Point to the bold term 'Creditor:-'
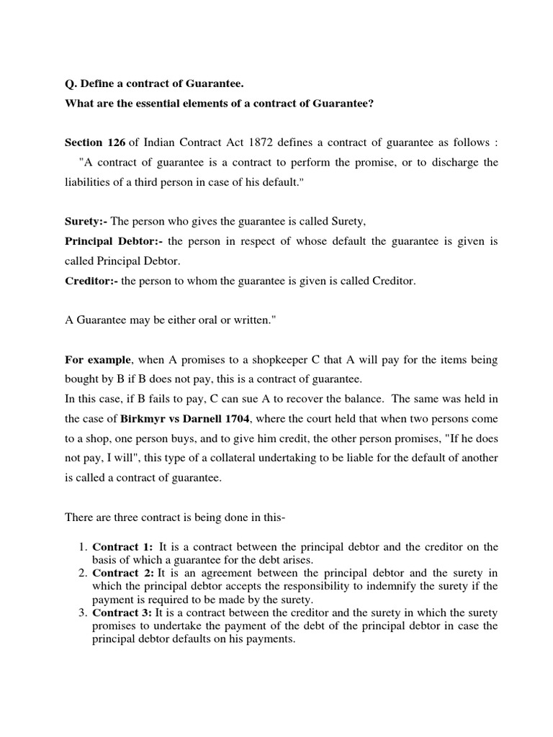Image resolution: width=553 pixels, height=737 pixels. [x=91, y=281]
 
